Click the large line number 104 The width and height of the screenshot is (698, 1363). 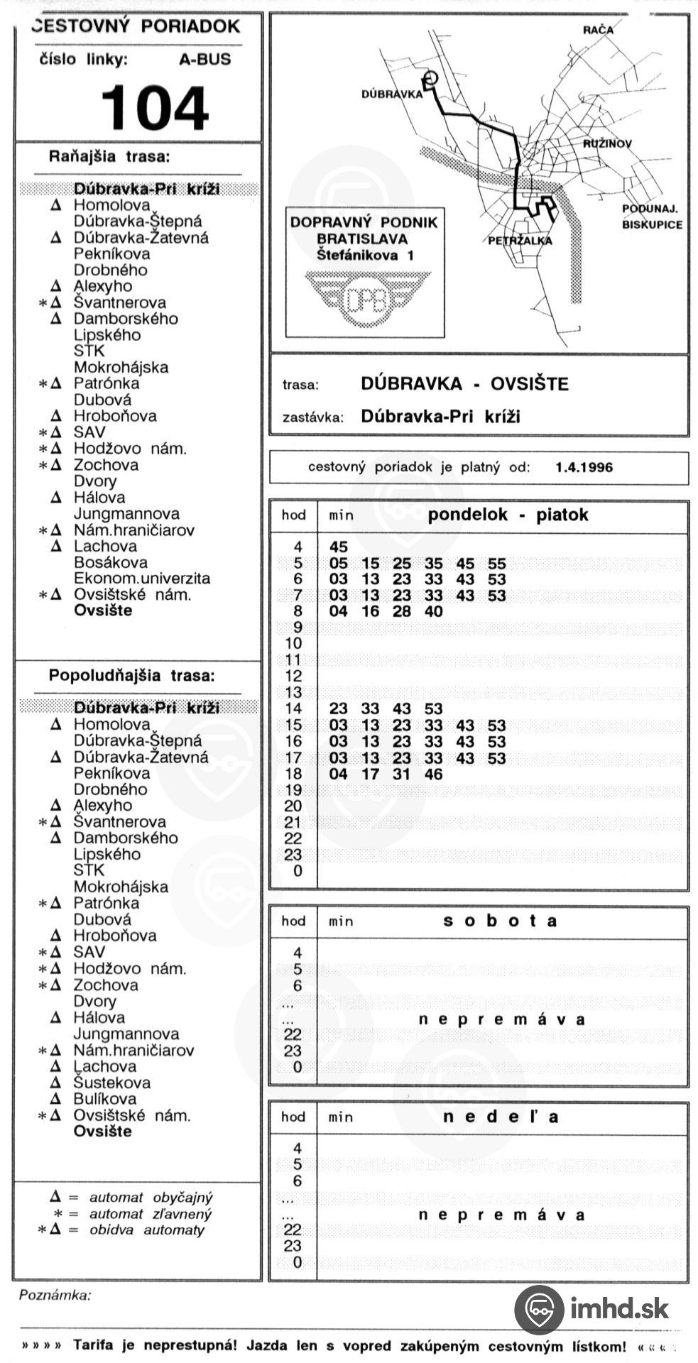click(155, 108)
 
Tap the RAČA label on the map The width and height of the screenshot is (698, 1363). click(597, 30)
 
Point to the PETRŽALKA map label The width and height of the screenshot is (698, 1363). click(520, 241)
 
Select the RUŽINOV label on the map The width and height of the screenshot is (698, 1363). click(607, 143)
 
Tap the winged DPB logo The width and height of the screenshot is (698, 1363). click(366, 298)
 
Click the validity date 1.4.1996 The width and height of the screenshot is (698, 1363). click(584, 467)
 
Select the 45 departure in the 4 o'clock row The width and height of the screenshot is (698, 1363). click(339, 547)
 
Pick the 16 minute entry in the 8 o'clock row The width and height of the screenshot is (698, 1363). click(370, 611)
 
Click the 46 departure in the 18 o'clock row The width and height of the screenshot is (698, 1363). click(433, 774)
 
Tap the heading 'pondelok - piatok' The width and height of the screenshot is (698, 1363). click(508, 515)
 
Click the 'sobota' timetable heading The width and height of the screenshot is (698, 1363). click(500, 921)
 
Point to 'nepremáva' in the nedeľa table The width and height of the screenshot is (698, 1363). click(501, 1215)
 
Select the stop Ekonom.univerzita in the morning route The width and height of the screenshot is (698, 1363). click(142, 579)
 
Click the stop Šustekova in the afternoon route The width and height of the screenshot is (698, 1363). click(112, 1083)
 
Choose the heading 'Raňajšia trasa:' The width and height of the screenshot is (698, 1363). click(109, 156)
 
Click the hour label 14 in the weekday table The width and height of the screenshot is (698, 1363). click(293, 708)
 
